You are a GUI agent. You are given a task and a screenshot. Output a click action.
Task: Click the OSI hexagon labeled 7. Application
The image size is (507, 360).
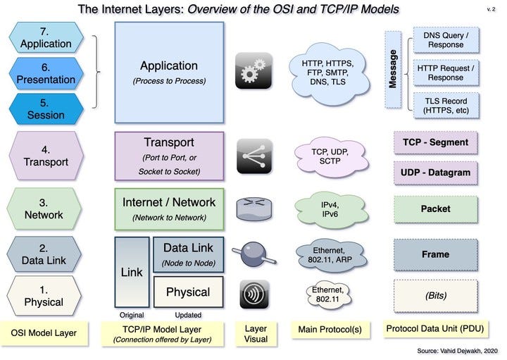point(46,37)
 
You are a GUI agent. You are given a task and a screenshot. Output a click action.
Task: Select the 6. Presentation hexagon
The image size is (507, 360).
point(46,73)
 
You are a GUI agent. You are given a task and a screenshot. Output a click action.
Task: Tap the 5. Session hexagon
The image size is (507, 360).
point(46,108)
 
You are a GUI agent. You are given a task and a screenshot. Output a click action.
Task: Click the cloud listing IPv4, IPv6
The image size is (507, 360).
point(329,208)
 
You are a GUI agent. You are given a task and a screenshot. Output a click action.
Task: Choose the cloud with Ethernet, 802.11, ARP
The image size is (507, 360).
point(329,254)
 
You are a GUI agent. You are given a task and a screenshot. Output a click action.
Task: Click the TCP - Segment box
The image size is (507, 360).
point(435,143)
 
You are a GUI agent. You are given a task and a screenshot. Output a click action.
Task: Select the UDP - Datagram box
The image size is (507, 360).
point(435,173)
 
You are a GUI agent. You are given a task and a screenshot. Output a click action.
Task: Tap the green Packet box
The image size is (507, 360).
point(435,209)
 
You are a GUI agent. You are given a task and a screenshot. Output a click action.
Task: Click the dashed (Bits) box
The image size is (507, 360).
point(435,296)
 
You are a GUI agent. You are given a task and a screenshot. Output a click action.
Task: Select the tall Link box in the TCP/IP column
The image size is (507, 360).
point(132,272)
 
